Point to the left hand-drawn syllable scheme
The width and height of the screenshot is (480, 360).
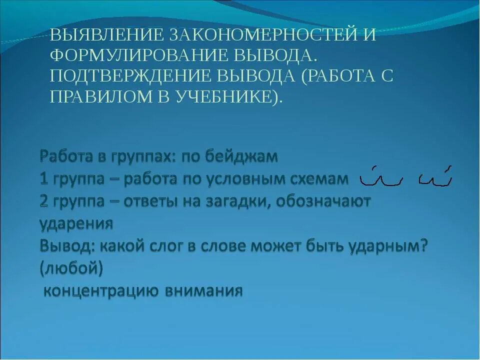381,175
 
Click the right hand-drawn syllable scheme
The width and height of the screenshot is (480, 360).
435,175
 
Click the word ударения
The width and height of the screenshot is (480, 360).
75,223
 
